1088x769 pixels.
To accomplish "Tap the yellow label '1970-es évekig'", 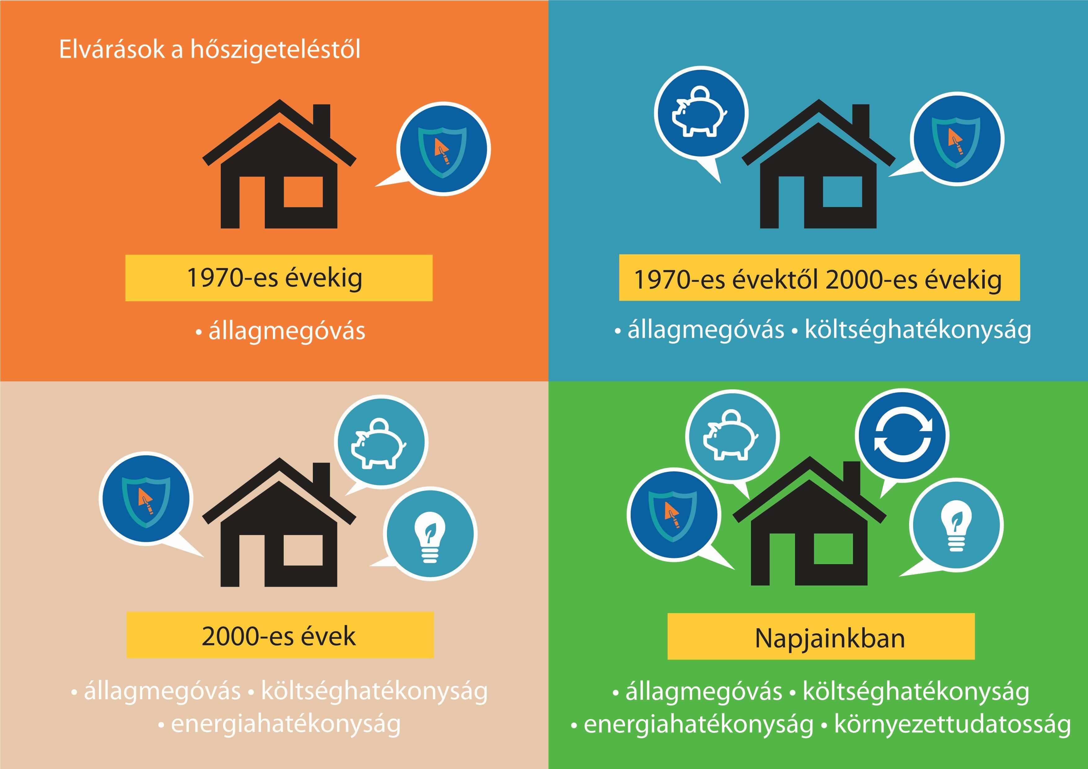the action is [x=279, y=278].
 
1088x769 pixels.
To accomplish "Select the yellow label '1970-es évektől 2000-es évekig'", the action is [x=819, y=278].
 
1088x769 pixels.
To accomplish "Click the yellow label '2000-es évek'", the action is [x=280, y=635].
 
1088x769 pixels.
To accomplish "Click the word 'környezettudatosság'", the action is [x=953, y=724].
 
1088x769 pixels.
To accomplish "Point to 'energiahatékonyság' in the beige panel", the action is [x=286, y=724].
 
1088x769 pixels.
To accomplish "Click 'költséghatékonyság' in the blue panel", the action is [x=918, y=330].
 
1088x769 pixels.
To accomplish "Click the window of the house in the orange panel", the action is [x=303, y=192].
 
